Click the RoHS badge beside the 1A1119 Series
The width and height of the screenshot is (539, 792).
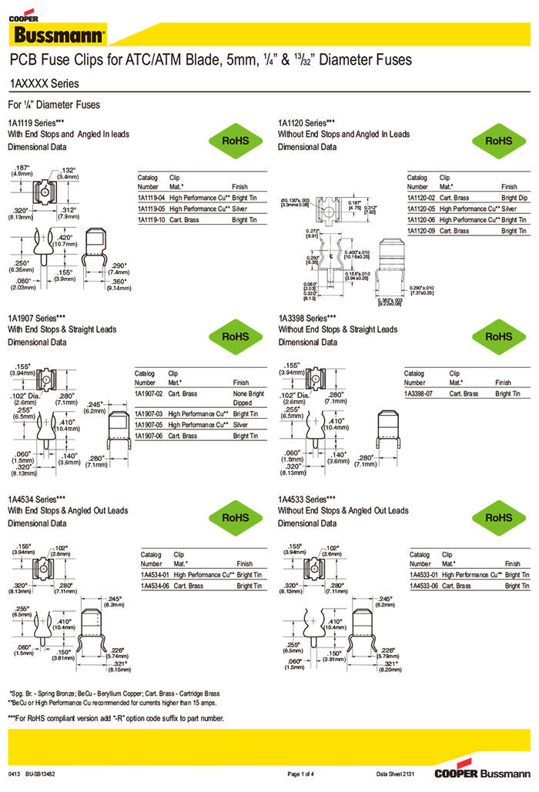pyautogui.click(x=235, y=142)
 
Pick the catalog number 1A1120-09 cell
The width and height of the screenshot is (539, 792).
pyautogui.click(x=421, y=231)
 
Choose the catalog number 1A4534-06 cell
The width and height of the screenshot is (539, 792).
pyautogui.click(x=156, y=586)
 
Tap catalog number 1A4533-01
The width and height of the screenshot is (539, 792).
pyautogui.click(x=424, y=575)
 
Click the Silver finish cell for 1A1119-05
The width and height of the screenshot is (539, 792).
pyautogui.click(x=240, y=209)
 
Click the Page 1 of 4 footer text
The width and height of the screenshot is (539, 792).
pyautogui.click(x=304, y=773)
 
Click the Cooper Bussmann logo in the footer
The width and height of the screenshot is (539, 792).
pyautogui.click(x=481, y=772)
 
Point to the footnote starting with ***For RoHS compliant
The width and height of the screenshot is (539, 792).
pyautogui.click(x=116, y=718)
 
